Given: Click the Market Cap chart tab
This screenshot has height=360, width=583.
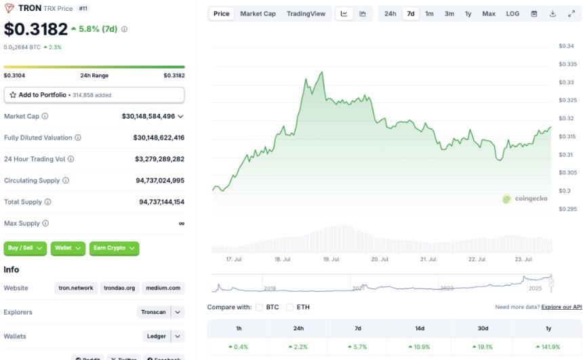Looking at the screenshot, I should click(258, 14).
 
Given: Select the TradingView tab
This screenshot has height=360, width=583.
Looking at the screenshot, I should click(306, 14).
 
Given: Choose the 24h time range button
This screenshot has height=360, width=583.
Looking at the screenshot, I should click(390, 14).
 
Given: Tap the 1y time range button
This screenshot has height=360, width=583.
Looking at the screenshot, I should click(468, 14).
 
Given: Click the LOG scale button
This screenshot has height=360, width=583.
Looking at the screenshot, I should click(512, 14).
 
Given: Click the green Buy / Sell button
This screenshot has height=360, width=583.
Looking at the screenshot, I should click(26, 248).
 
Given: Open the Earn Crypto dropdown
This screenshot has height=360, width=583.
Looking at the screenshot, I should click(114, 248).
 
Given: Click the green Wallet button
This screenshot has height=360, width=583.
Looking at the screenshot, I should click(68, 248).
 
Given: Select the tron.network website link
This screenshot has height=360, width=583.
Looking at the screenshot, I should click(75, 288).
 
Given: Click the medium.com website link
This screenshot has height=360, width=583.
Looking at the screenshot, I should click(163, 288).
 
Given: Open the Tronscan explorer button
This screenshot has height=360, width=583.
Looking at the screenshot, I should click(153, 313).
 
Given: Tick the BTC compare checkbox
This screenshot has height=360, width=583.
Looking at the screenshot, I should click(260, 307).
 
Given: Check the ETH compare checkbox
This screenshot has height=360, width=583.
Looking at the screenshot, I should click(289, 307).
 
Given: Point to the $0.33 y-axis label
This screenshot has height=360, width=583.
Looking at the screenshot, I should click(566, 82).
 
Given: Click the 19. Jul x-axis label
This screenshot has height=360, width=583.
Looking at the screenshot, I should click(331, 260).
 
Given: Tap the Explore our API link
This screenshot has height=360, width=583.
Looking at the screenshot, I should click(561, 307).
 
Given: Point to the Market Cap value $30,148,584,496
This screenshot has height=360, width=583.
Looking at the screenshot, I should click(148, 117).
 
